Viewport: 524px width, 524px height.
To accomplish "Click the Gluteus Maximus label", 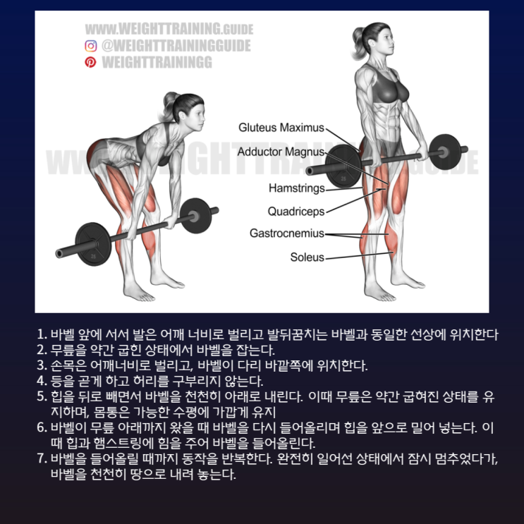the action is tap(281, 128).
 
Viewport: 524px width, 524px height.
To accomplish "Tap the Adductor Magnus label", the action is tap(281, 152).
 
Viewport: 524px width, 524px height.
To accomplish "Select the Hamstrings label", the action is tap(297, 188).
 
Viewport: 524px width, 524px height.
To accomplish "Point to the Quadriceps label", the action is tap(296, 212).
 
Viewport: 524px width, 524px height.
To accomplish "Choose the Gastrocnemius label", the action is tap(287, 233).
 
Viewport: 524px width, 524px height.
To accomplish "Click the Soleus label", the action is tap(307, 257).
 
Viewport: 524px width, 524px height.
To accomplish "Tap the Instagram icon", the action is tap(90, 46).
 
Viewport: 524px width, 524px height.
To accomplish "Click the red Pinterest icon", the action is tap(90, 62).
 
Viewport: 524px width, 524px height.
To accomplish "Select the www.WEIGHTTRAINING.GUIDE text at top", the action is tap(169, 29).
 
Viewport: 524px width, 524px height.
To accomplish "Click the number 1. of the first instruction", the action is tap(42, 334).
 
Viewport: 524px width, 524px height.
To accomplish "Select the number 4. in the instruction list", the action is tap(42, 381).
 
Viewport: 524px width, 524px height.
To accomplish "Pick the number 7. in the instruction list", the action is tap(42, 458).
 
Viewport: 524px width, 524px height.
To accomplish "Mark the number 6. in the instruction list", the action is tap(42, 427).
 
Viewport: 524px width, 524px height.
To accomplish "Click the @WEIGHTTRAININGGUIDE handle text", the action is tap(176, 46).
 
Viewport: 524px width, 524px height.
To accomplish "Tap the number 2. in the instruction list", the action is tap(42, 350).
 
